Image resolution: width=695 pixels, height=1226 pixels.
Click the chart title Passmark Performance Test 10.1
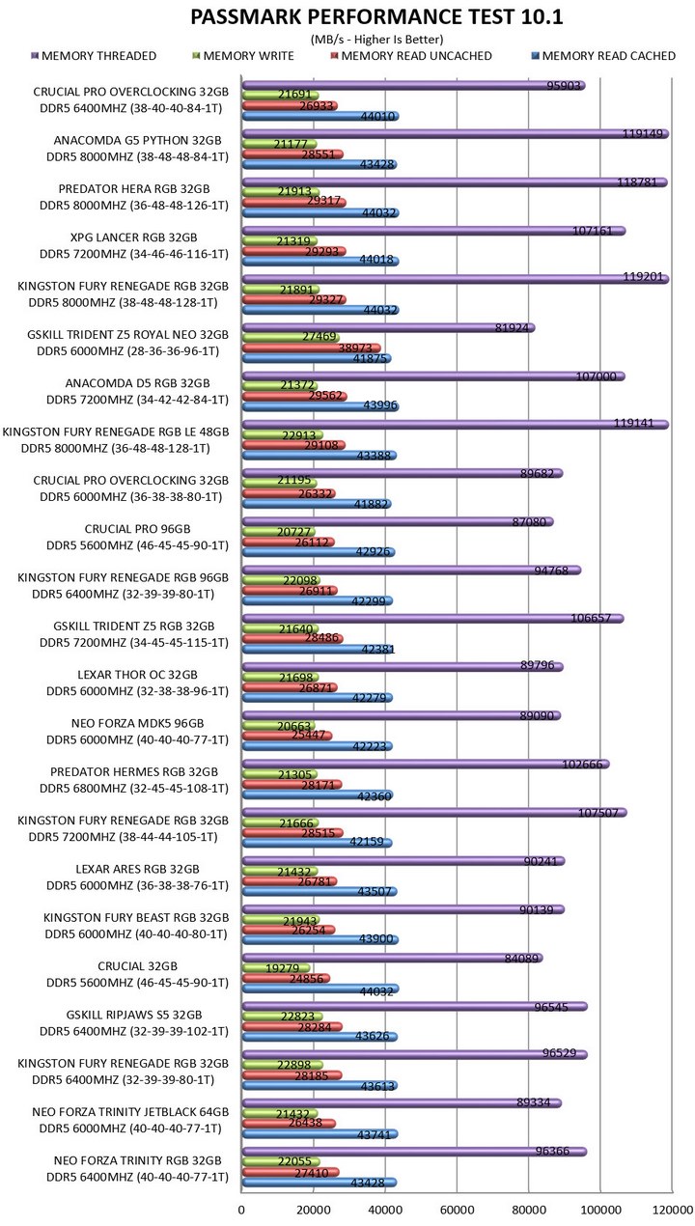tap(375, 17)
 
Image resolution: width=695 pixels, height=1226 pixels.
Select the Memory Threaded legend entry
tap(95, 56)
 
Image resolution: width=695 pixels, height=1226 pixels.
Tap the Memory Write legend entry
tap(243, 56)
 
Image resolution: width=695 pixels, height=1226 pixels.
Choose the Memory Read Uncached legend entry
tap(411, 56)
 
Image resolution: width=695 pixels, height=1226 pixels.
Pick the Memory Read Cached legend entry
tap(603, 56)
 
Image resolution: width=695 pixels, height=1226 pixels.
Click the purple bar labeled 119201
tap(456, 279)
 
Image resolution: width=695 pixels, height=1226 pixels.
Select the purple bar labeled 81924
tap(389, 328)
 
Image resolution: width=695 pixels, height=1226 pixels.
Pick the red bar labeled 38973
tap(312, 348)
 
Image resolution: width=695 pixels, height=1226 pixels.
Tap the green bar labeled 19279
tap(276, 968)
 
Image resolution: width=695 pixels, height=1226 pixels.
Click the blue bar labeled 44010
tap(320, 116)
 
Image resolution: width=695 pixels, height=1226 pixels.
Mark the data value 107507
tap(598, 812)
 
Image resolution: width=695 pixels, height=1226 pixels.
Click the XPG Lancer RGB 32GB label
tap(133, 237)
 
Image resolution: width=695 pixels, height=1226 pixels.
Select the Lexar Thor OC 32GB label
tap(137, 674)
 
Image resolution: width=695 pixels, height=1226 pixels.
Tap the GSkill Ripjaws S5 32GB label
tap(134, 1015)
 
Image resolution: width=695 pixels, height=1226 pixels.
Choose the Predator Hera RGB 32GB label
tap(134, 189)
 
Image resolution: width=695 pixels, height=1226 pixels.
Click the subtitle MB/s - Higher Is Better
tap(376, 40)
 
